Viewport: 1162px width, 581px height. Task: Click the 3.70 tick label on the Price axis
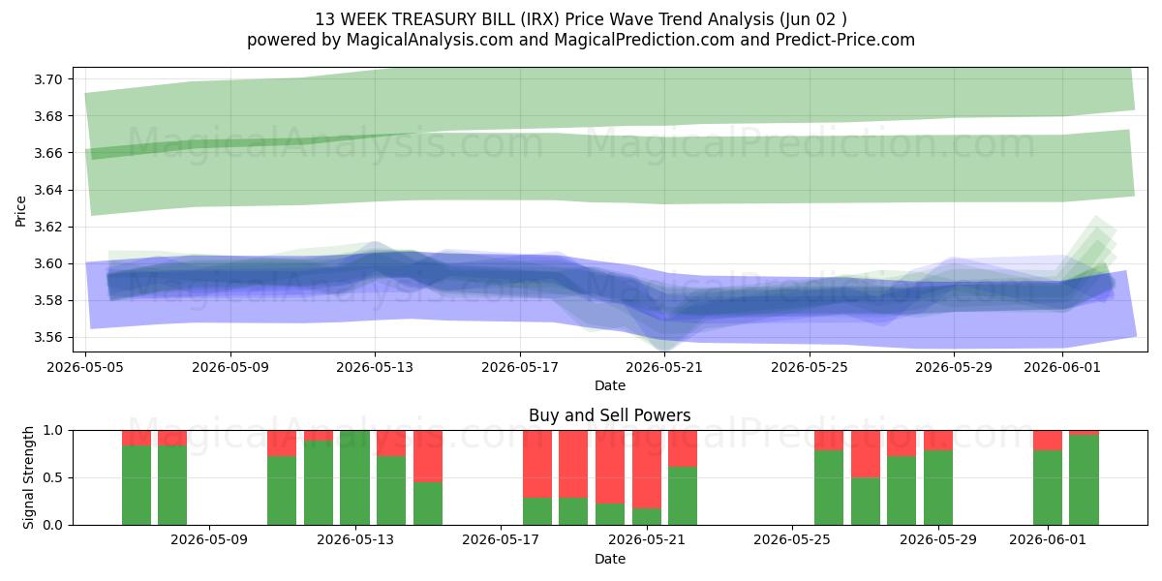coord(48,79)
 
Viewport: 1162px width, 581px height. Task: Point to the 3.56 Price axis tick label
coord(48,338)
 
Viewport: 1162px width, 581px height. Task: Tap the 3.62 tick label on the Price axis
coord(48,228)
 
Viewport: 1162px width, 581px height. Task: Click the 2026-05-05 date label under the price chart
coord(85,367)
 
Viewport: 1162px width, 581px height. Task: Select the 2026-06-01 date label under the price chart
coord(1062,367)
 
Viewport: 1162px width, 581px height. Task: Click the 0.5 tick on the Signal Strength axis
coord(52,477)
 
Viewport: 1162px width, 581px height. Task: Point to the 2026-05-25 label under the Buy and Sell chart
coord(792,540)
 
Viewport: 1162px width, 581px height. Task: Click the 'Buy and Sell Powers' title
coord(609,415)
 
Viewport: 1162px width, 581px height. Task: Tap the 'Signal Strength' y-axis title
coord(28,477)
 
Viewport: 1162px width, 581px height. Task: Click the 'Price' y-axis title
coord(20,211)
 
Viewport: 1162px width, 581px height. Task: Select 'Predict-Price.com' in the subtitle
coord(845,40)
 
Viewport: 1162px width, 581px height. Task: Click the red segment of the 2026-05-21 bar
coord(647,470)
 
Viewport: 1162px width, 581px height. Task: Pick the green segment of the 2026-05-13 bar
coord(354,477)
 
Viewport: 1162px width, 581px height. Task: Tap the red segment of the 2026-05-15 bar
coord(428,456)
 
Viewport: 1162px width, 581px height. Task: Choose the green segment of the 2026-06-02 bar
coord(1084,480)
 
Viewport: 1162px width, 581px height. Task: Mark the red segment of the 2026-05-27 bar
coord(866,454)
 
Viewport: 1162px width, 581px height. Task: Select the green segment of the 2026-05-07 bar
coord(137,485)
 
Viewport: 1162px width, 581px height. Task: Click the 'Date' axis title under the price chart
coord(609,386)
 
